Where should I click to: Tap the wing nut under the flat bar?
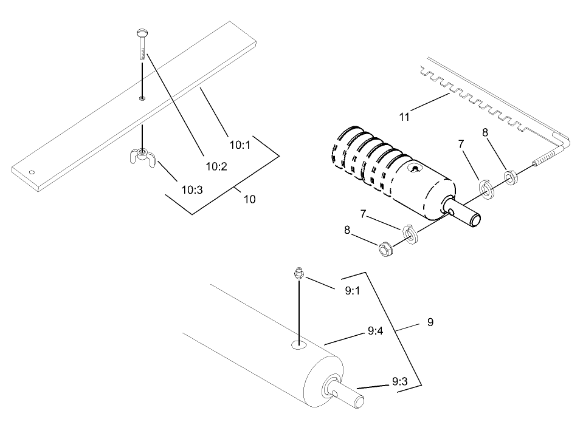tap(142, 156)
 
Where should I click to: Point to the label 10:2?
tap(216, 166)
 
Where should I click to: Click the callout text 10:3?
tap(191, 189)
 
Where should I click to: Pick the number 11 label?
tap(404, 117)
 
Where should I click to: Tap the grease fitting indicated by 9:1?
tap(298, 274)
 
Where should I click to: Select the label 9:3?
tap(399, 381)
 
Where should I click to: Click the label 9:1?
tap(353, 290)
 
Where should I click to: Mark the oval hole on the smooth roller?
tap(299, 345)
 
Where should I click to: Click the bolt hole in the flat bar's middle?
tap(142, 97)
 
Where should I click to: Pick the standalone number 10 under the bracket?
tap(249, 199)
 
